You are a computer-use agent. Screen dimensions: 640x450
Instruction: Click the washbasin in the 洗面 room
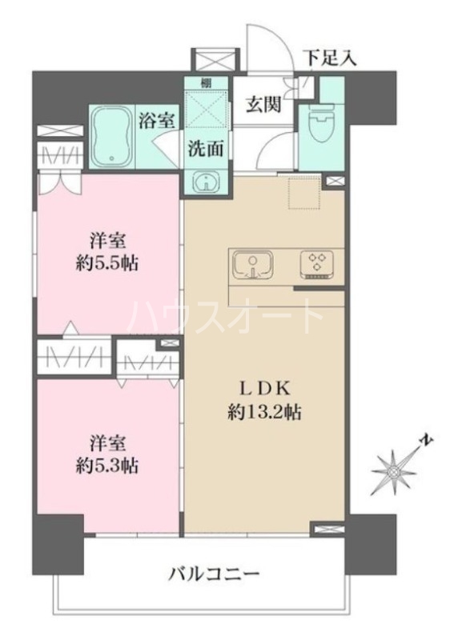point(206,182)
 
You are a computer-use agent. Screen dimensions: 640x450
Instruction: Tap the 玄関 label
point(263,105)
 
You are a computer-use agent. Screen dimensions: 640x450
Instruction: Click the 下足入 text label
point(328,58)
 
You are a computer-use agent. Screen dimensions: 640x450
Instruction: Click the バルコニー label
point(214,574)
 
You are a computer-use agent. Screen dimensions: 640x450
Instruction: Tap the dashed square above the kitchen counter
point(303,193)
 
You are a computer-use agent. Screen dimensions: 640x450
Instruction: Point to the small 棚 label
point(206,83)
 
